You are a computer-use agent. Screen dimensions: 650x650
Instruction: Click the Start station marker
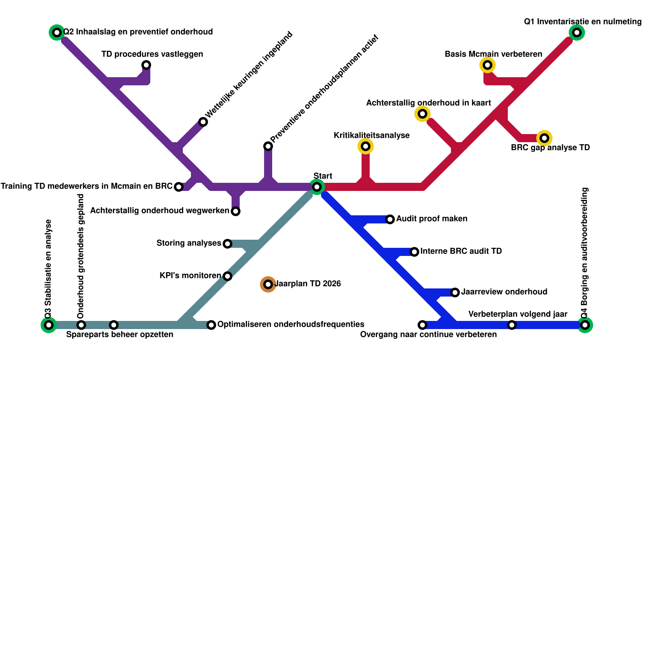tap(317, 187)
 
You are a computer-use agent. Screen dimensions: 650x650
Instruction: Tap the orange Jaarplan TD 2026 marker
tap(268, 284)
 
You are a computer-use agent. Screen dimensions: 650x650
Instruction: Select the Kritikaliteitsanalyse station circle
tap(366, 146)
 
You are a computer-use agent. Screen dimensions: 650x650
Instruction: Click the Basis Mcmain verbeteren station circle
tap(487, 65)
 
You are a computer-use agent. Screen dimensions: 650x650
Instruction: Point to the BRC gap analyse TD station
tap(544, 138)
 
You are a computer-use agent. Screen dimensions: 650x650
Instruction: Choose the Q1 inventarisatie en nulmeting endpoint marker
tap(577, 32)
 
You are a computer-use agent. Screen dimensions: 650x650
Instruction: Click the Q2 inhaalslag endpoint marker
tap(57, 32)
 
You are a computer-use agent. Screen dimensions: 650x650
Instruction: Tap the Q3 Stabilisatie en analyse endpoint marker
tap(49, 325)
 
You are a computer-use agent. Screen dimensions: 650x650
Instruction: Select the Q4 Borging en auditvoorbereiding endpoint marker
tap(585, 325)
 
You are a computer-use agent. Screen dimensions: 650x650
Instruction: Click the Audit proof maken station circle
tap(390, 219)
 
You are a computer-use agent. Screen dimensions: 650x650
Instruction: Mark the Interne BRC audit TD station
tap(414, 252)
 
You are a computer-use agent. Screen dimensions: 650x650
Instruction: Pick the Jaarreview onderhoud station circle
tap(455, 292)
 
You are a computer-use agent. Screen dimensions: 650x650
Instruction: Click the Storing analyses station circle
tap(227, 244)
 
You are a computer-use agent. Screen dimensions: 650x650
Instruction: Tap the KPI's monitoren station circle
tap(227, 276)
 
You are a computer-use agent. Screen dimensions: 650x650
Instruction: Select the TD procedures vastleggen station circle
tap(146, 65)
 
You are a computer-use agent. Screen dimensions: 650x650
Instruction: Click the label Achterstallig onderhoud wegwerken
tap(160, 211)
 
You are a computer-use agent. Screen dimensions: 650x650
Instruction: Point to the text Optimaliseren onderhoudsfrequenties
tap(291, 325)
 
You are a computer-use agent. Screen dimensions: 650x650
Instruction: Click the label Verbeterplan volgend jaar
tap(518, 314)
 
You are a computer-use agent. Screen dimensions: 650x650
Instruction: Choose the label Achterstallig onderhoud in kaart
tap(429, 103)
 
